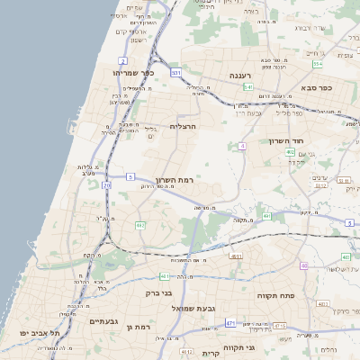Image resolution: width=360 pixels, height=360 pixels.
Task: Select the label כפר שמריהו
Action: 134,73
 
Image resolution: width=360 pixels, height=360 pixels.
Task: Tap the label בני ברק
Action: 158,293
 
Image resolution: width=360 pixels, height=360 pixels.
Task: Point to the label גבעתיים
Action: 104,320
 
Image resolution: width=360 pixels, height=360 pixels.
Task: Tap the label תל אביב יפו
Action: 41,333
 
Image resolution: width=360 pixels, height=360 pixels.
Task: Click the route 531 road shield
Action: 175,71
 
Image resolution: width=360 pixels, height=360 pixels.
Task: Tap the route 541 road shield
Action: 248,87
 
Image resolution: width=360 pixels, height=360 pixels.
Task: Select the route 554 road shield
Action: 318,64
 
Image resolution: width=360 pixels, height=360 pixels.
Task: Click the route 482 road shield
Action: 140,225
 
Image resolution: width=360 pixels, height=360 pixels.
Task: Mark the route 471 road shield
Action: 231,322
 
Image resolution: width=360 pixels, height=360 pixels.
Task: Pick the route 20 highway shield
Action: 106,185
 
